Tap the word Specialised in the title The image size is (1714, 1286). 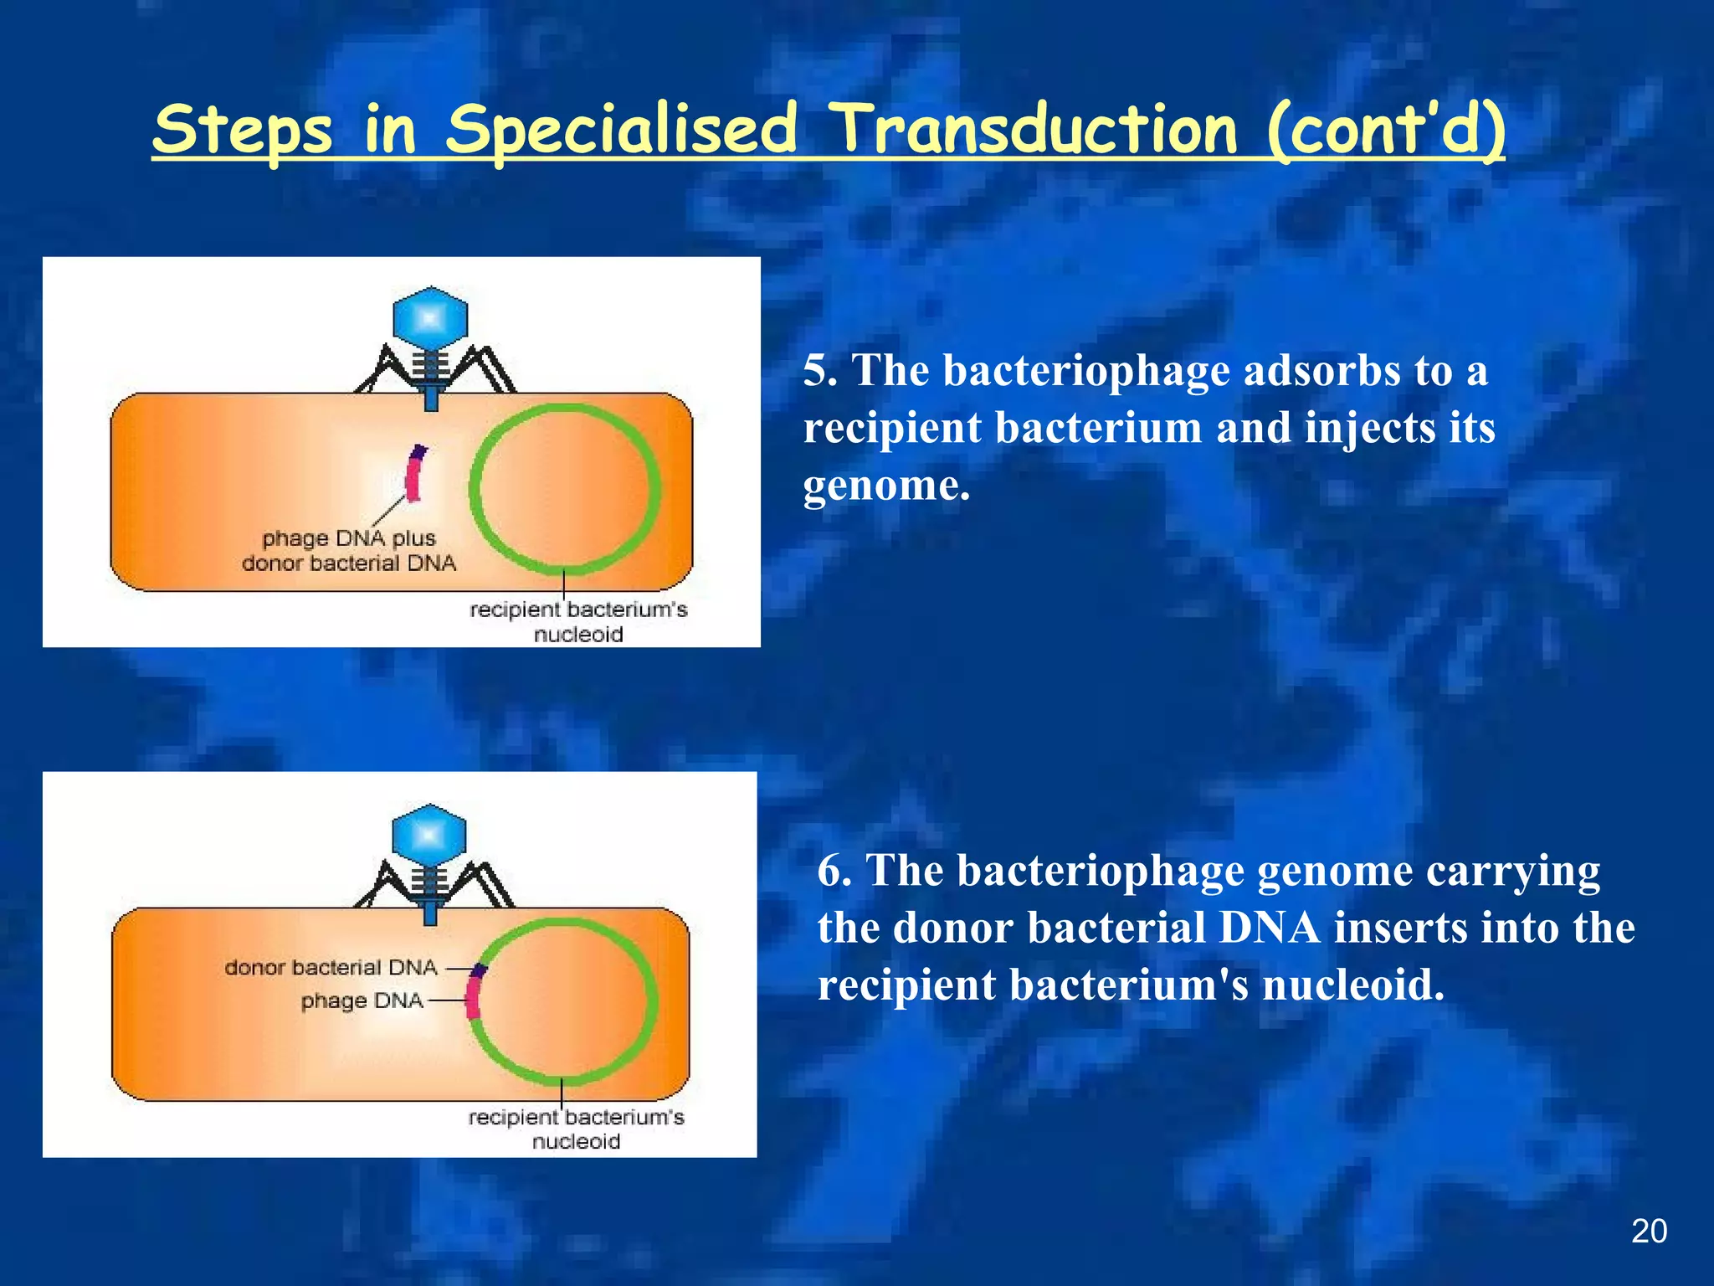(x=621, y=132)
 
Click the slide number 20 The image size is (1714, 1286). (x=1649, y=1232)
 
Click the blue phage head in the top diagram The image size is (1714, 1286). (x=430, y=319)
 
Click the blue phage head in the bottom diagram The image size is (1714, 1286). (x=429, y=836)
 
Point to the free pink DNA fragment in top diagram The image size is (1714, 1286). (x=413, y=475)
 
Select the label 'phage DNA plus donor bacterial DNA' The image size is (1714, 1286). (x=349, y=551)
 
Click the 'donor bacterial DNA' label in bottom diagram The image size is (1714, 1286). (x=331, y=968)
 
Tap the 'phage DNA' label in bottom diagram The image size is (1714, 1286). (x=362, y=1001)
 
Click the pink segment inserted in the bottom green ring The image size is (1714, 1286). (x=474, y=996)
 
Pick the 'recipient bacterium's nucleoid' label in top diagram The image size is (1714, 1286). (x=578, y=621)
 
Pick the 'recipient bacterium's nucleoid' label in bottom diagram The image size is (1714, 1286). (x=576, y=1129)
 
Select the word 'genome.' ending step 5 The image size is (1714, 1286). (x=886, y=486)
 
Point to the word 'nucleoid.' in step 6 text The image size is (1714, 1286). (x=1352, y=985)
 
